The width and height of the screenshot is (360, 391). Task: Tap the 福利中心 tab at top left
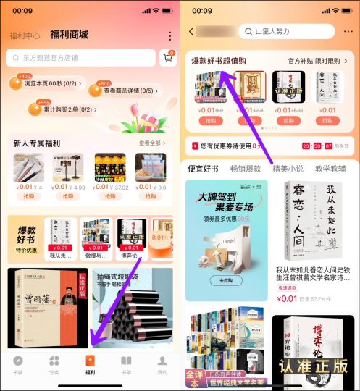pyautogui.click(x=25, y=35)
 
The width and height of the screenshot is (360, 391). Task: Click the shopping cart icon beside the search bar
pyautogui.click(x=167, y=58)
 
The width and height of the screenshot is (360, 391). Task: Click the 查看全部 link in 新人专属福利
pyautogui.click(x=151, y=143)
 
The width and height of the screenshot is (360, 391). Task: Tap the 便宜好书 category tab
pyautogui.click(x=203, y=169)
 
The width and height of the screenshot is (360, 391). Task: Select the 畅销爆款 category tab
pyautogui.click(x=245, y=169)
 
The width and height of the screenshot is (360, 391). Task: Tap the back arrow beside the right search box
pyautogui.click(x=191, y=32)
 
